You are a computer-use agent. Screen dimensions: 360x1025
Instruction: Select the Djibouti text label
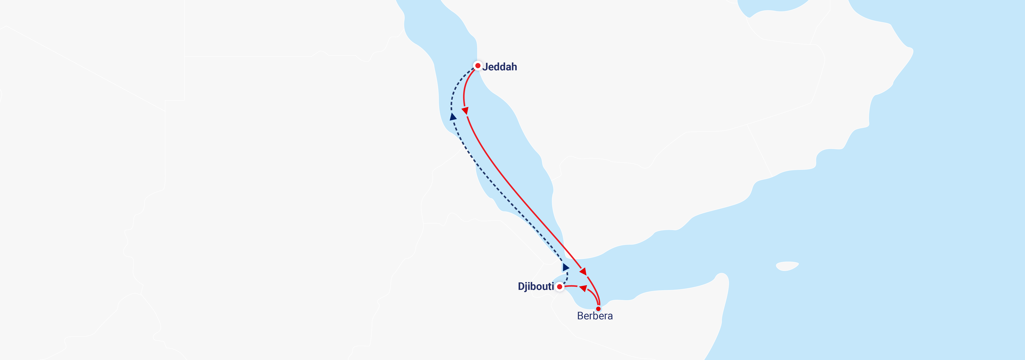coord(536,286)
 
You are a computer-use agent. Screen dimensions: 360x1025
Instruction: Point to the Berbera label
coord(595,316)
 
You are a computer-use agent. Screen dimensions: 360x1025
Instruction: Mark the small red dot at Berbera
coord(598,309)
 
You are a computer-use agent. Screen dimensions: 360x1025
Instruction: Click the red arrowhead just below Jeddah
coord(465,111)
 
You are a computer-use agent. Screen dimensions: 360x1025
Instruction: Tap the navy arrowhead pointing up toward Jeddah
coord(453,117)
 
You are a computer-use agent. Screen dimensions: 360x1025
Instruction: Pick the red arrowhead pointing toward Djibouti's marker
coord(583,288)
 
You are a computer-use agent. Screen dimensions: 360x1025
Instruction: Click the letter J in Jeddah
coord(485,67)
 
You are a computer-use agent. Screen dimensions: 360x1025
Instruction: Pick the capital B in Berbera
coord(580,316)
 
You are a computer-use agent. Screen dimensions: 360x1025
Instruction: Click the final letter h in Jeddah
coord(514,67)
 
